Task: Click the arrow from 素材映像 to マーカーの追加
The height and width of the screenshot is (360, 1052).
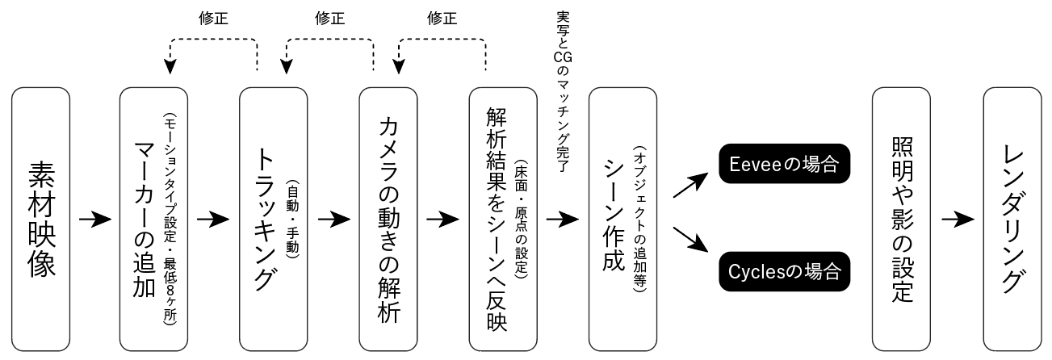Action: point(94,219)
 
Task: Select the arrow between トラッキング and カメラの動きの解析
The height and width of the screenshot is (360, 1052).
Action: point(334,219)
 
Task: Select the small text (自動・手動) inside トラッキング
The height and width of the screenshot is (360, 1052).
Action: point(292,219)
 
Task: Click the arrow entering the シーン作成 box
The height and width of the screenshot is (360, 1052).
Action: point(562,219)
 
